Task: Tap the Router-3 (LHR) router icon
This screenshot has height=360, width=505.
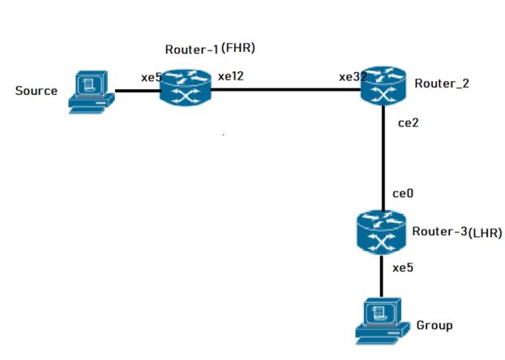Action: tap(382, 233)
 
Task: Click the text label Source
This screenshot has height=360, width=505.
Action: tap(36, 91)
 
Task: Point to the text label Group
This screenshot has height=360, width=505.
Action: tap(434, 325)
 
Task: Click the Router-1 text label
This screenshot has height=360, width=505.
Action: tap(191, 49)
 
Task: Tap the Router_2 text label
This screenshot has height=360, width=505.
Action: tap(441, 84)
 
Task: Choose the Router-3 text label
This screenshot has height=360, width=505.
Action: tap(439, 232)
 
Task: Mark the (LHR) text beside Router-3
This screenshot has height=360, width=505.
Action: tap(485, 234)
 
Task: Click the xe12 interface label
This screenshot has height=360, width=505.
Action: tap(231, 77)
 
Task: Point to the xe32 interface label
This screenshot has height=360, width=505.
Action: tap(353, 78)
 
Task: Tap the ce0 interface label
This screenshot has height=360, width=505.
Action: tap(403, 194)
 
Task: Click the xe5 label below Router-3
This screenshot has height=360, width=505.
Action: tap(403, 267)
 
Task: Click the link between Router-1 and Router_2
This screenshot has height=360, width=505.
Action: tap(284, 89)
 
